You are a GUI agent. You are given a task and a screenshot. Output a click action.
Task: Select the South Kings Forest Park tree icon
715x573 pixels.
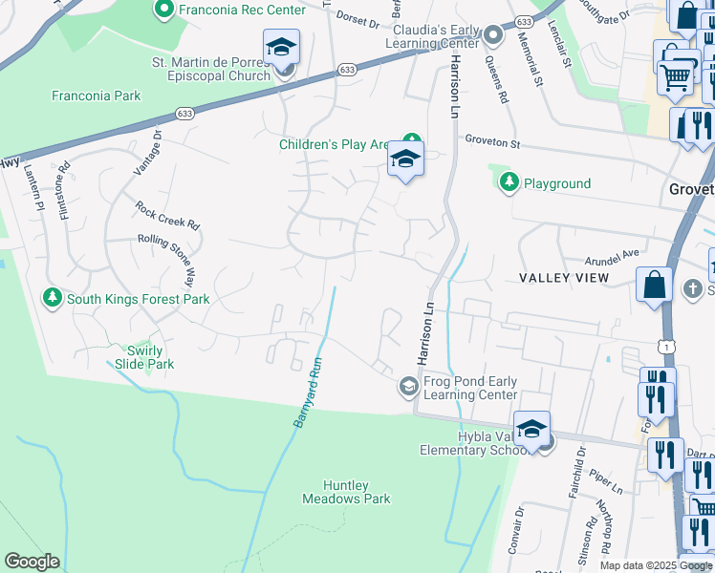(x=52, y=299)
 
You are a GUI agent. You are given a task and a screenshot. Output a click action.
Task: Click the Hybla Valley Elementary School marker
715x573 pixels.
(x=531, y=430)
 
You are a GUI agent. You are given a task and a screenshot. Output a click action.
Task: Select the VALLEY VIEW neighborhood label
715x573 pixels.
(x=564, y=277)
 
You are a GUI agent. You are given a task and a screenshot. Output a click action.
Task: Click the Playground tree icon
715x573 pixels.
(x=508, y=183)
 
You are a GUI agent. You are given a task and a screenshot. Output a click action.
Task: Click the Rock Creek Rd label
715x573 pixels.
(x=166, y=214)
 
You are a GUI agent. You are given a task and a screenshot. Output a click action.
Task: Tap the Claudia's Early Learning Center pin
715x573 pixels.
(x=493, y=36)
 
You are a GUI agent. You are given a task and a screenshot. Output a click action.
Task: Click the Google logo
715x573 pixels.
(x=32, y=562)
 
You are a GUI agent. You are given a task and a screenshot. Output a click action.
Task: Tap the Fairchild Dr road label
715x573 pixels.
(x=577, y=482)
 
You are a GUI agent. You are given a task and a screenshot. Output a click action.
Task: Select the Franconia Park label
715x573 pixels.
(x=97, y=95)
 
